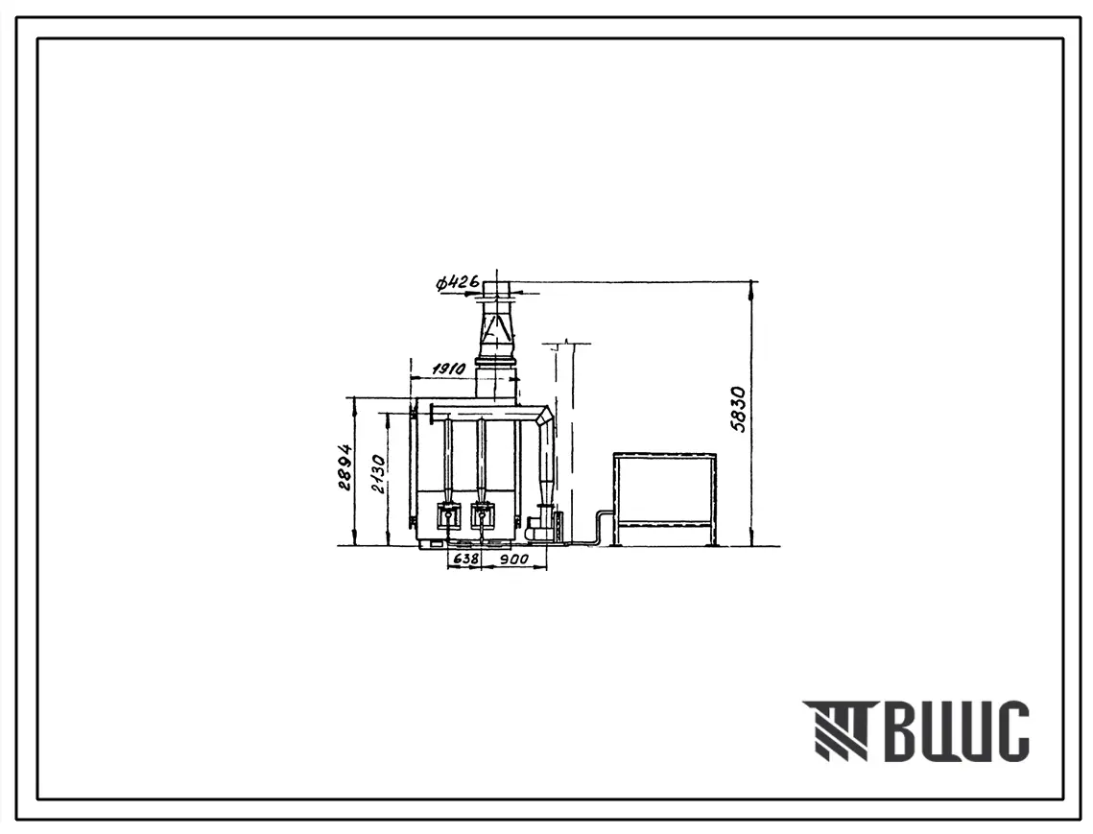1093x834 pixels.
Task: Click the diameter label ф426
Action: tap(458, 282)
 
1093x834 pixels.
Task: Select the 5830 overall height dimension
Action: tap(739, 410)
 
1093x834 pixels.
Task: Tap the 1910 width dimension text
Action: tap(448, 369)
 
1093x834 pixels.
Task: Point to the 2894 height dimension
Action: tap(345, 467)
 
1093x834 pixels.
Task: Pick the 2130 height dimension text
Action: tap(378, 473)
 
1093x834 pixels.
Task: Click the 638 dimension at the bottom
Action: tap(465, 559)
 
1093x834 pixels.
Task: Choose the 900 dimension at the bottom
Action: tap(513, 559)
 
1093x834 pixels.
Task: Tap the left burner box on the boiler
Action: tap(447, 516)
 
